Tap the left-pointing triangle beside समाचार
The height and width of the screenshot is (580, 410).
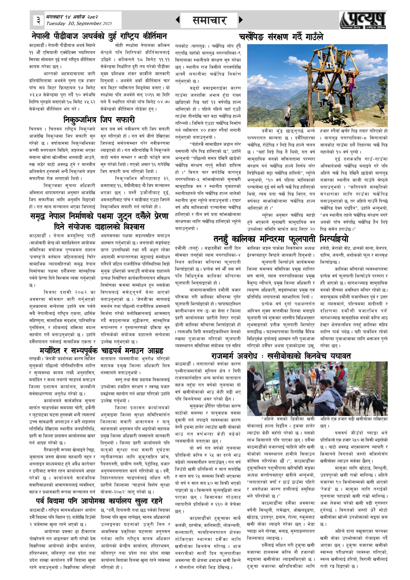[x=178, y=20]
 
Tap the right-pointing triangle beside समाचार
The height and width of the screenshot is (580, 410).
[x=241, y=20]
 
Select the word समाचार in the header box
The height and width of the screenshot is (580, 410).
[x=209, y=20]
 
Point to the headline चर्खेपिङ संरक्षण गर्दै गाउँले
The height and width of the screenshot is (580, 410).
[x=281, y=37]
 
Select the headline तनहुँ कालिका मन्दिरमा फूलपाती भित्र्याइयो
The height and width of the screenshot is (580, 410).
[x=281, y=239]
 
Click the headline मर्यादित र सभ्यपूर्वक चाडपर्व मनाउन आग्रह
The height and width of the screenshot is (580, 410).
[x=101, y=351]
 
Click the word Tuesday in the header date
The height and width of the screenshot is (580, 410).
[x=55, y=24]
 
